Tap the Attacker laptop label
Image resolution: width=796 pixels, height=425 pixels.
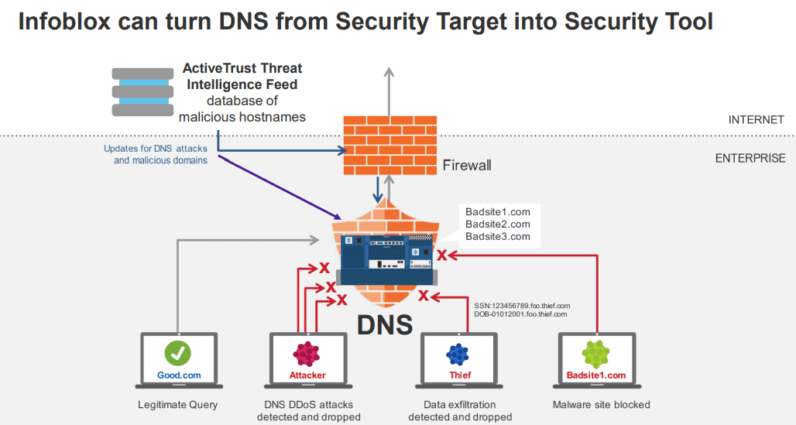[307, 375]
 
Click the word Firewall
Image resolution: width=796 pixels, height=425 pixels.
[467, 165]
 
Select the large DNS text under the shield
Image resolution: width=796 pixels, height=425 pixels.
[385, 324]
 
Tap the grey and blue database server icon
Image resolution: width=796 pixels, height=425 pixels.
[144, 92]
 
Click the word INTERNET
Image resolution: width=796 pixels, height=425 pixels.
[756, 120]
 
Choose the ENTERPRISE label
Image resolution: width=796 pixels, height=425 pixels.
[750, 158]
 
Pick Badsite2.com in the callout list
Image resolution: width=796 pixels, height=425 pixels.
[497, 224]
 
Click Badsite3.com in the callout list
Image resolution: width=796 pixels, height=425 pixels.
[497, 236]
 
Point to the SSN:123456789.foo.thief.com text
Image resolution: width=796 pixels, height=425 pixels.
[522, 306]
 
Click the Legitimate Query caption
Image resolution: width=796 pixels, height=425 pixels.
[178, 404]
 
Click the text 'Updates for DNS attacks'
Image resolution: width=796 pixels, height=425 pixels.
[155, 148]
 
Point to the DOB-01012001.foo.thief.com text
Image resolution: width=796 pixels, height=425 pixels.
[520, 314]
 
